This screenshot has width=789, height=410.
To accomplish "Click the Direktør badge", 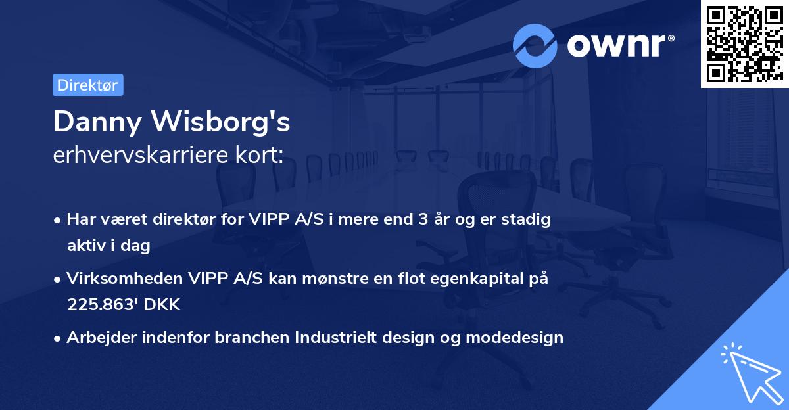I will (87, 85).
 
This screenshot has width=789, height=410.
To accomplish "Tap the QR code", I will (744, 43).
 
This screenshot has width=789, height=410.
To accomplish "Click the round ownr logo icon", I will (535, 45).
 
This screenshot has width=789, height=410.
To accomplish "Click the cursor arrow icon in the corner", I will (749, 371).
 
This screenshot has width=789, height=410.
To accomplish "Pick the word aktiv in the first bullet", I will (86, 246).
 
